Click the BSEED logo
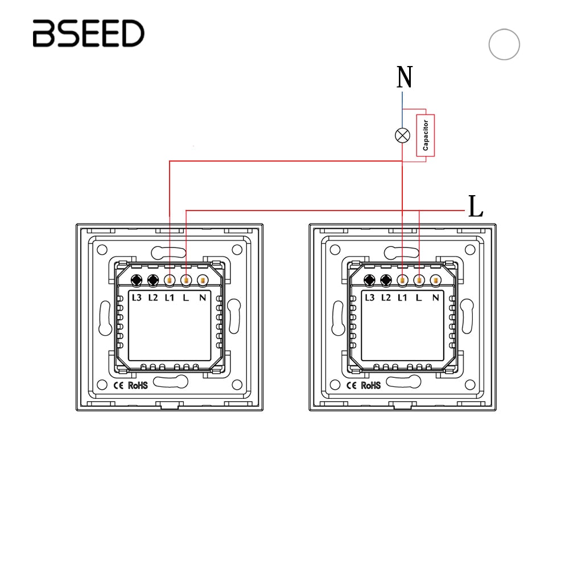pyautogui.click(x=88, y=34)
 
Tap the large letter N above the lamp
pyautogui.click(x=405, y=78)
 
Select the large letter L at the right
pyautogui.click(x=475, y=207)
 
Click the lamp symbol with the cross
pyautogui.click(x=402, y=135)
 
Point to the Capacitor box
pyautogui.click(x=426, y=135)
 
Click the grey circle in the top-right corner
pyautogui.click(x=504, y=44)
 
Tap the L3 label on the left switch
pyautogui.click(x=137, y=297)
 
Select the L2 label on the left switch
pyautogui.click(x=152, y=297)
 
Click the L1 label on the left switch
pyautogui.click(x=169, y=297)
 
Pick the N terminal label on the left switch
pyautogui.click(x=202, y=297)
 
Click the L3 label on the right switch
pyautogui.click(x=370, y=297)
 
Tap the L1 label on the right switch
pyautogui.click(x=402, y=297)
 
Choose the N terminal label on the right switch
pyautogui.click(x=435, y=297)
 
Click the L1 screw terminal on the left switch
pyautogui.click(x=170, y=280)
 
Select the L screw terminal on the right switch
pyautogui.click(x=419, y=280)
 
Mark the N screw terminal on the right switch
pyautogui.click(x=436, y=280)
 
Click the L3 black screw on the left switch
pyautogui.click(x=137, y=280)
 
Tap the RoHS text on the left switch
pyautogui.click(x=138, y=385)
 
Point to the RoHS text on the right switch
pyautogui.click(x=371, y=385)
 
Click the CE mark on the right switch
pyautogui.click(x=352, y=385)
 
